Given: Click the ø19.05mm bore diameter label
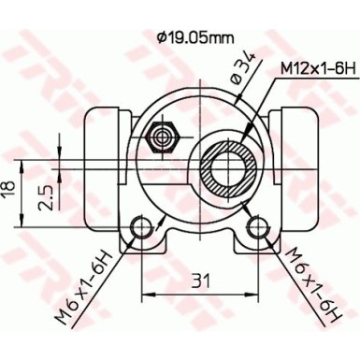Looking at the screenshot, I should coord(194,37).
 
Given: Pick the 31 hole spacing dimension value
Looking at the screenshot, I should coord(199,278).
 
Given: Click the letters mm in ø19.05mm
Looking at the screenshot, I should coord(220,37).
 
